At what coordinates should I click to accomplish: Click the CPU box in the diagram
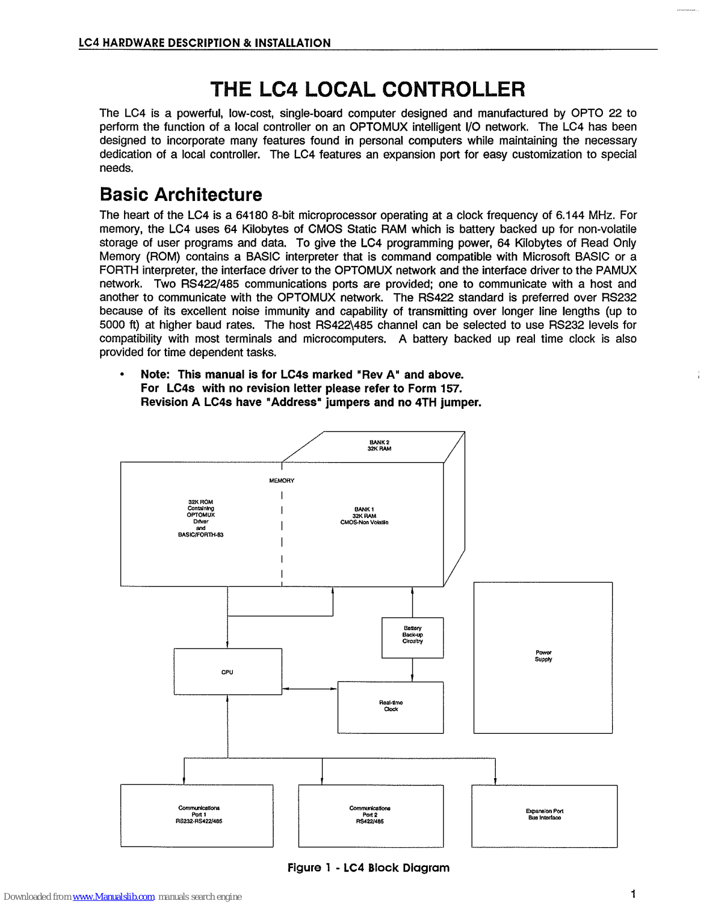227,672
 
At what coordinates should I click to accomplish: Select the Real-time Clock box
390,707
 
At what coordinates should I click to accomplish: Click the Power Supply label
543,656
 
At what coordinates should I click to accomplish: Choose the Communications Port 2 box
371,815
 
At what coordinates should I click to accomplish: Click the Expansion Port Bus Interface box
544,815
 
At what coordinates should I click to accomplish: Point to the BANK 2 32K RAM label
379,446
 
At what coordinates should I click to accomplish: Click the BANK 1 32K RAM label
364,516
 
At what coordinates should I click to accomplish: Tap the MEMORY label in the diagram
282,481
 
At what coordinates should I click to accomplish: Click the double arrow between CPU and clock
309,689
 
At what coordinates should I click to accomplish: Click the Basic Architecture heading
181,195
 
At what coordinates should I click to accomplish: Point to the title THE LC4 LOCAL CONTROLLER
367,89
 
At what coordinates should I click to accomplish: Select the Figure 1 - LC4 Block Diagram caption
368,867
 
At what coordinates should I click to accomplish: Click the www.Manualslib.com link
113,896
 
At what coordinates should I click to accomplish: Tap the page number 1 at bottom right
633,894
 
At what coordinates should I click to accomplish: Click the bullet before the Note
122,375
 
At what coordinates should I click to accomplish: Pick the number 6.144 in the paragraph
570,215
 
